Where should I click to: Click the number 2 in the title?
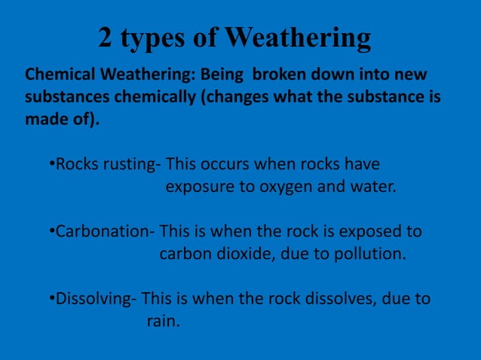(x=106, y=38)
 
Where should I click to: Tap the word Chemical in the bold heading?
(x=57, y=76)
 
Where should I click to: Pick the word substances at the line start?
(x=64, y=99)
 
